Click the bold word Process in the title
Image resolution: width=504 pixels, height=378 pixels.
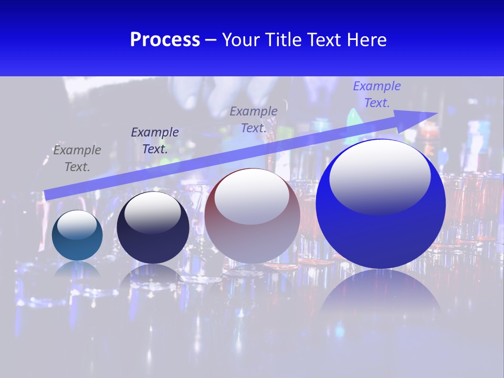click(165, 40)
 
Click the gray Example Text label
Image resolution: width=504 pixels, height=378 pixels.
click(77, 159)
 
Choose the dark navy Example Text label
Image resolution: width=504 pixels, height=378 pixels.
click(154, 141)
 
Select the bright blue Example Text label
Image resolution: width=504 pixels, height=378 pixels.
click(376, 94)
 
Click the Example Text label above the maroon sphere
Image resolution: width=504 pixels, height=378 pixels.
click(254, 119)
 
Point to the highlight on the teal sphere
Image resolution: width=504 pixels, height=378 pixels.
click(77, 224)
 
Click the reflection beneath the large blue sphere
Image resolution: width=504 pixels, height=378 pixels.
click(381, 294)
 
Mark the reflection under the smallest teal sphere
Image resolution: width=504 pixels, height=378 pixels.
click(77, 269)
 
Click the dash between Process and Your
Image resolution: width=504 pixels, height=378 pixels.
click(211, 40)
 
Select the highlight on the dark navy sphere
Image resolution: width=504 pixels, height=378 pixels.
click(152, 211)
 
